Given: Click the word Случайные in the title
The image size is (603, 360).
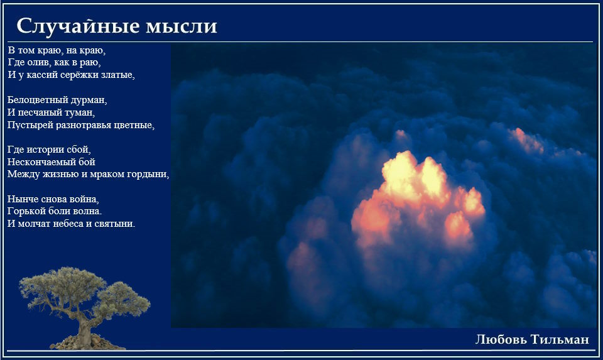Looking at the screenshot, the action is pyautogui.click(x=77, y=26).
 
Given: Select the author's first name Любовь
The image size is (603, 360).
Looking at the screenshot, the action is pyautogui.click(x=501, y=339).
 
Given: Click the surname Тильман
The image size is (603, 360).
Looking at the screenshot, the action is pyautogui.click(x=560, y=339).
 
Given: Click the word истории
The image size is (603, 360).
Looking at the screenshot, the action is pyautogui.click(x=42, y=150).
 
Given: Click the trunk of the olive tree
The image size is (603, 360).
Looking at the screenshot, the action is pyautogui.click(x=84, y=325).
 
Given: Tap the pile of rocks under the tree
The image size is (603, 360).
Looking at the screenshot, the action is pyautogui.click(x=87, y=342).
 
